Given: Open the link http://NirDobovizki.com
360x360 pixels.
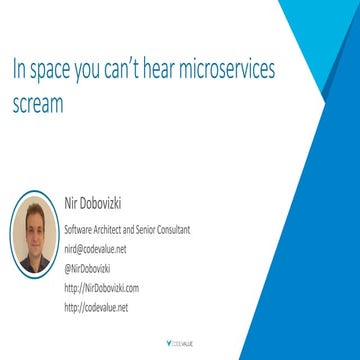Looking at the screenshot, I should point(102,287).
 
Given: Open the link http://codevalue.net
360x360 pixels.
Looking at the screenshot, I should point(97,307).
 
